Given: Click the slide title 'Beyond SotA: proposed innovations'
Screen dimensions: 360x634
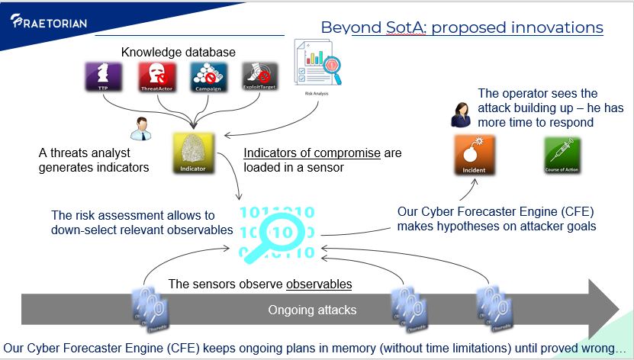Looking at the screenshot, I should click(462, 27).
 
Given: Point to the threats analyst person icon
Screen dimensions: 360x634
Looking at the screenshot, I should click(137, 128).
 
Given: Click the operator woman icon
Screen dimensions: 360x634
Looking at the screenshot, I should click(461, 114).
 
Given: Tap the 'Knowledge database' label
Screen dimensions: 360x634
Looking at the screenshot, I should click(178, 53).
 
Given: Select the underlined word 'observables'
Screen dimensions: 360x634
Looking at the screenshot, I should click(319, 284).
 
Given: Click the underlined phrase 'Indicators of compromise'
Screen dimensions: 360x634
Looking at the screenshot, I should click(311, 153).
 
